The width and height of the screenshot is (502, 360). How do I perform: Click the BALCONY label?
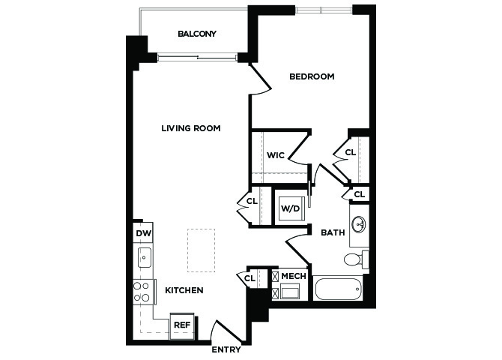197,34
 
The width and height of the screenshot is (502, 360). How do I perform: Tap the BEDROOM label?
312,76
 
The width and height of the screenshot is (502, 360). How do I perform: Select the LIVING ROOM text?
191,128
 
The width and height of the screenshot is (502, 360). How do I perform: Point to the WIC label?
275,155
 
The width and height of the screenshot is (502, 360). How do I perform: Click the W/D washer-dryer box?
291,208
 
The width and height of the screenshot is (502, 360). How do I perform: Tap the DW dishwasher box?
143,232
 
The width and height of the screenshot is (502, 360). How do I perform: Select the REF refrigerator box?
182,325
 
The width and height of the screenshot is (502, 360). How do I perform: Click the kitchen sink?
145,257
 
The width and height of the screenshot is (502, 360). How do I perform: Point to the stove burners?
142,292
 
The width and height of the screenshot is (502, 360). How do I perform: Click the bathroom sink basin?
359,224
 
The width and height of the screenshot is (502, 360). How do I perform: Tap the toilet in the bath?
357,259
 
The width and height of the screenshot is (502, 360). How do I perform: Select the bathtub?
338,289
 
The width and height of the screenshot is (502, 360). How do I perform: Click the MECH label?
294,276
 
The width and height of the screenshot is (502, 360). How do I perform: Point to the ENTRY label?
226,349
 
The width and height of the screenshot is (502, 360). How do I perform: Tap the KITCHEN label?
184,290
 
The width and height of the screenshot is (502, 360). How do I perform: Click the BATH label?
333,232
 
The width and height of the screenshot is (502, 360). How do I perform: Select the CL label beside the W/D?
252,201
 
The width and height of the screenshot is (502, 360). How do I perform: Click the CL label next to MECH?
250,278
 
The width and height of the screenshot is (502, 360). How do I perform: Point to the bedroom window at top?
324,10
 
